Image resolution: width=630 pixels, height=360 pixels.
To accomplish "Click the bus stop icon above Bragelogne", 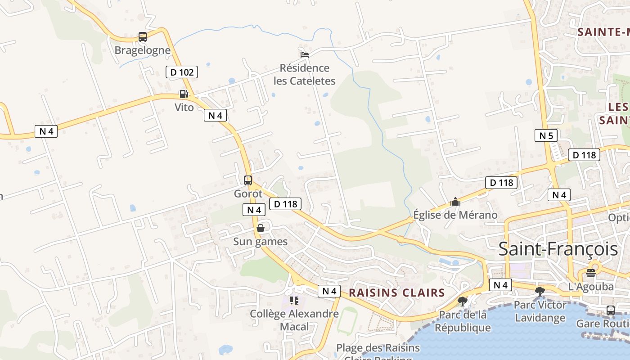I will point(143,37).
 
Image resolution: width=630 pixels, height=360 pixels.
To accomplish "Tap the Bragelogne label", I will point(143,50).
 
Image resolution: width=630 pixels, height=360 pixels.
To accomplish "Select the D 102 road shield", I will point(182,72).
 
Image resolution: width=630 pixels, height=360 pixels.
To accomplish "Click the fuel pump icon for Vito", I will point(184,94).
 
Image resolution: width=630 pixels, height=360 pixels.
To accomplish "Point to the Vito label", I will point(184,107).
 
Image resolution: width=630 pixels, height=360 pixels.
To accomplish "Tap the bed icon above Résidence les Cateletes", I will point(305,55).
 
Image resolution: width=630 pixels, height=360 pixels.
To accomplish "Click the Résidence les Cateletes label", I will point(305,74).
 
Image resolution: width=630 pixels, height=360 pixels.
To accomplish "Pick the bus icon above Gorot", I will point(248,180).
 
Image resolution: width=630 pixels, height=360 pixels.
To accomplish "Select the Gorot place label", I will point(248,194).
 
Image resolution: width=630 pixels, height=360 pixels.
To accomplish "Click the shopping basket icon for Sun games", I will point(260,229).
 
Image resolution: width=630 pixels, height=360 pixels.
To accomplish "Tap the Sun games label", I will point(260,242).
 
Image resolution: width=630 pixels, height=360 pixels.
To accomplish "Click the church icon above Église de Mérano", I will point(455,202).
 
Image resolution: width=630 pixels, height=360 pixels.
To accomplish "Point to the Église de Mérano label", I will point(455,215).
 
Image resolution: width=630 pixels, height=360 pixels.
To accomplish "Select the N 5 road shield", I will point(546,135).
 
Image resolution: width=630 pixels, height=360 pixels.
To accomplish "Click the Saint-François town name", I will point(558,249).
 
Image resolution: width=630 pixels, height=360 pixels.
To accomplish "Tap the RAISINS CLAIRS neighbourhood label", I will point(397,292).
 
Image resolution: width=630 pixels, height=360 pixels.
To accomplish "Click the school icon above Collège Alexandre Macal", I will point(294,300).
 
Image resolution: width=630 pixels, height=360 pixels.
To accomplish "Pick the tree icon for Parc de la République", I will point(462,301).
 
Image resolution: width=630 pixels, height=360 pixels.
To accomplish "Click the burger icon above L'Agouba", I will point(591,273).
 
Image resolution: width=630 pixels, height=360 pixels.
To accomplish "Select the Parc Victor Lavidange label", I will point(540,311).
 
